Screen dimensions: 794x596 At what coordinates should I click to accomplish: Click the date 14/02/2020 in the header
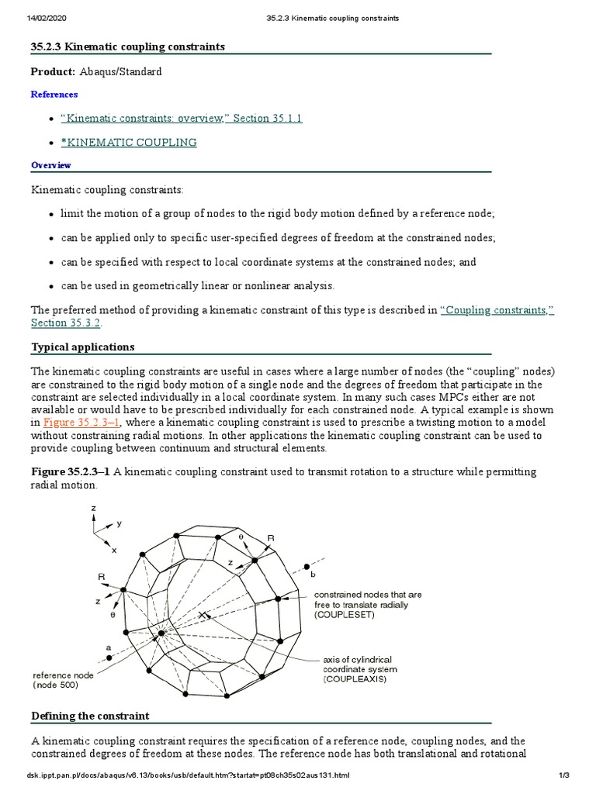click(47, 17)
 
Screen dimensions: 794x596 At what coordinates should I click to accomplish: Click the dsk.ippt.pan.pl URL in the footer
click(189, 776)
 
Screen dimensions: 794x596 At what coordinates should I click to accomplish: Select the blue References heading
click(54, 95)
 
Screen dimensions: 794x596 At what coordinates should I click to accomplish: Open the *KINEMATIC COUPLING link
click(128, 143)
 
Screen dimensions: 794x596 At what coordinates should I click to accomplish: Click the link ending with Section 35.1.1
click(180, 119)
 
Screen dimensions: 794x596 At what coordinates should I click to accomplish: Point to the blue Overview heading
click(50, 165)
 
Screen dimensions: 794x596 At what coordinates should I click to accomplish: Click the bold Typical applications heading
click(82, 347)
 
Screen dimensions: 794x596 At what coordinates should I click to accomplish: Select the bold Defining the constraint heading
click(89, 716)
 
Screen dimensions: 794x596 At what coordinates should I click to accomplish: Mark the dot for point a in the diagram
click(109, 658)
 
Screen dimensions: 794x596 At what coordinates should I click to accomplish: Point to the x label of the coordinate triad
click(114, 550)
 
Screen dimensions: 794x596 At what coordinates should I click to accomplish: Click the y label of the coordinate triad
click(119, 524)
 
